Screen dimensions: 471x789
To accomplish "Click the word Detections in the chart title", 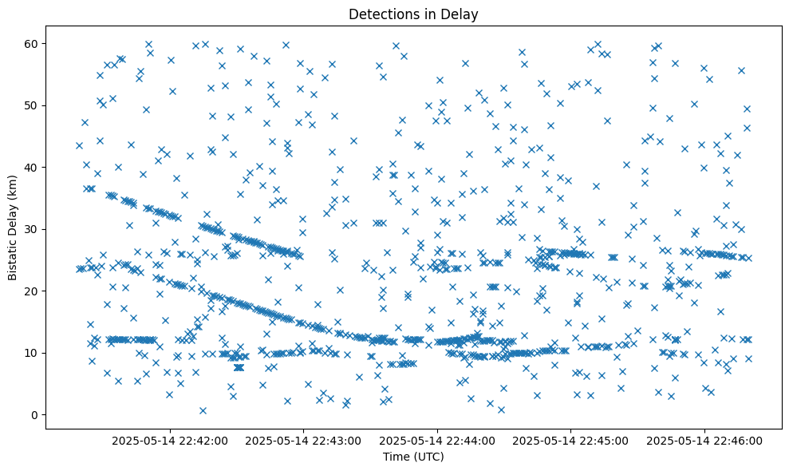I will click(x=377, y=14).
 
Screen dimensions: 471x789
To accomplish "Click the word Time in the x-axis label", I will click(x=396, y=457).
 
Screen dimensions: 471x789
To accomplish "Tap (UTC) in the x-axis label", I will click(x=428, y=457).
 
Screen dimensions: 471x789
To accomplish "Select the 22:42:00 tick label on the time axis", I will click(x=170, y=440).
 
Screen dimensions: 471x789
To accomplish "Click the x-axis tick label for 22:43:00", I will click(x=304, y=440).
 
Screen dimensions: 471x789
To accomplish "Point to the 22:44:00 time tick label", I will click(x=437, y=440).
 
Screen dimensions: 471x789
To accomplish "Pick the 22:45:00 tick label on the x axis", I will click(x=571, y=440).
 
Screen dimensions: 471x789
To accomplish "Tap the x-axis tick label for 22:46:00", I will click(x=704, y=440).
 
